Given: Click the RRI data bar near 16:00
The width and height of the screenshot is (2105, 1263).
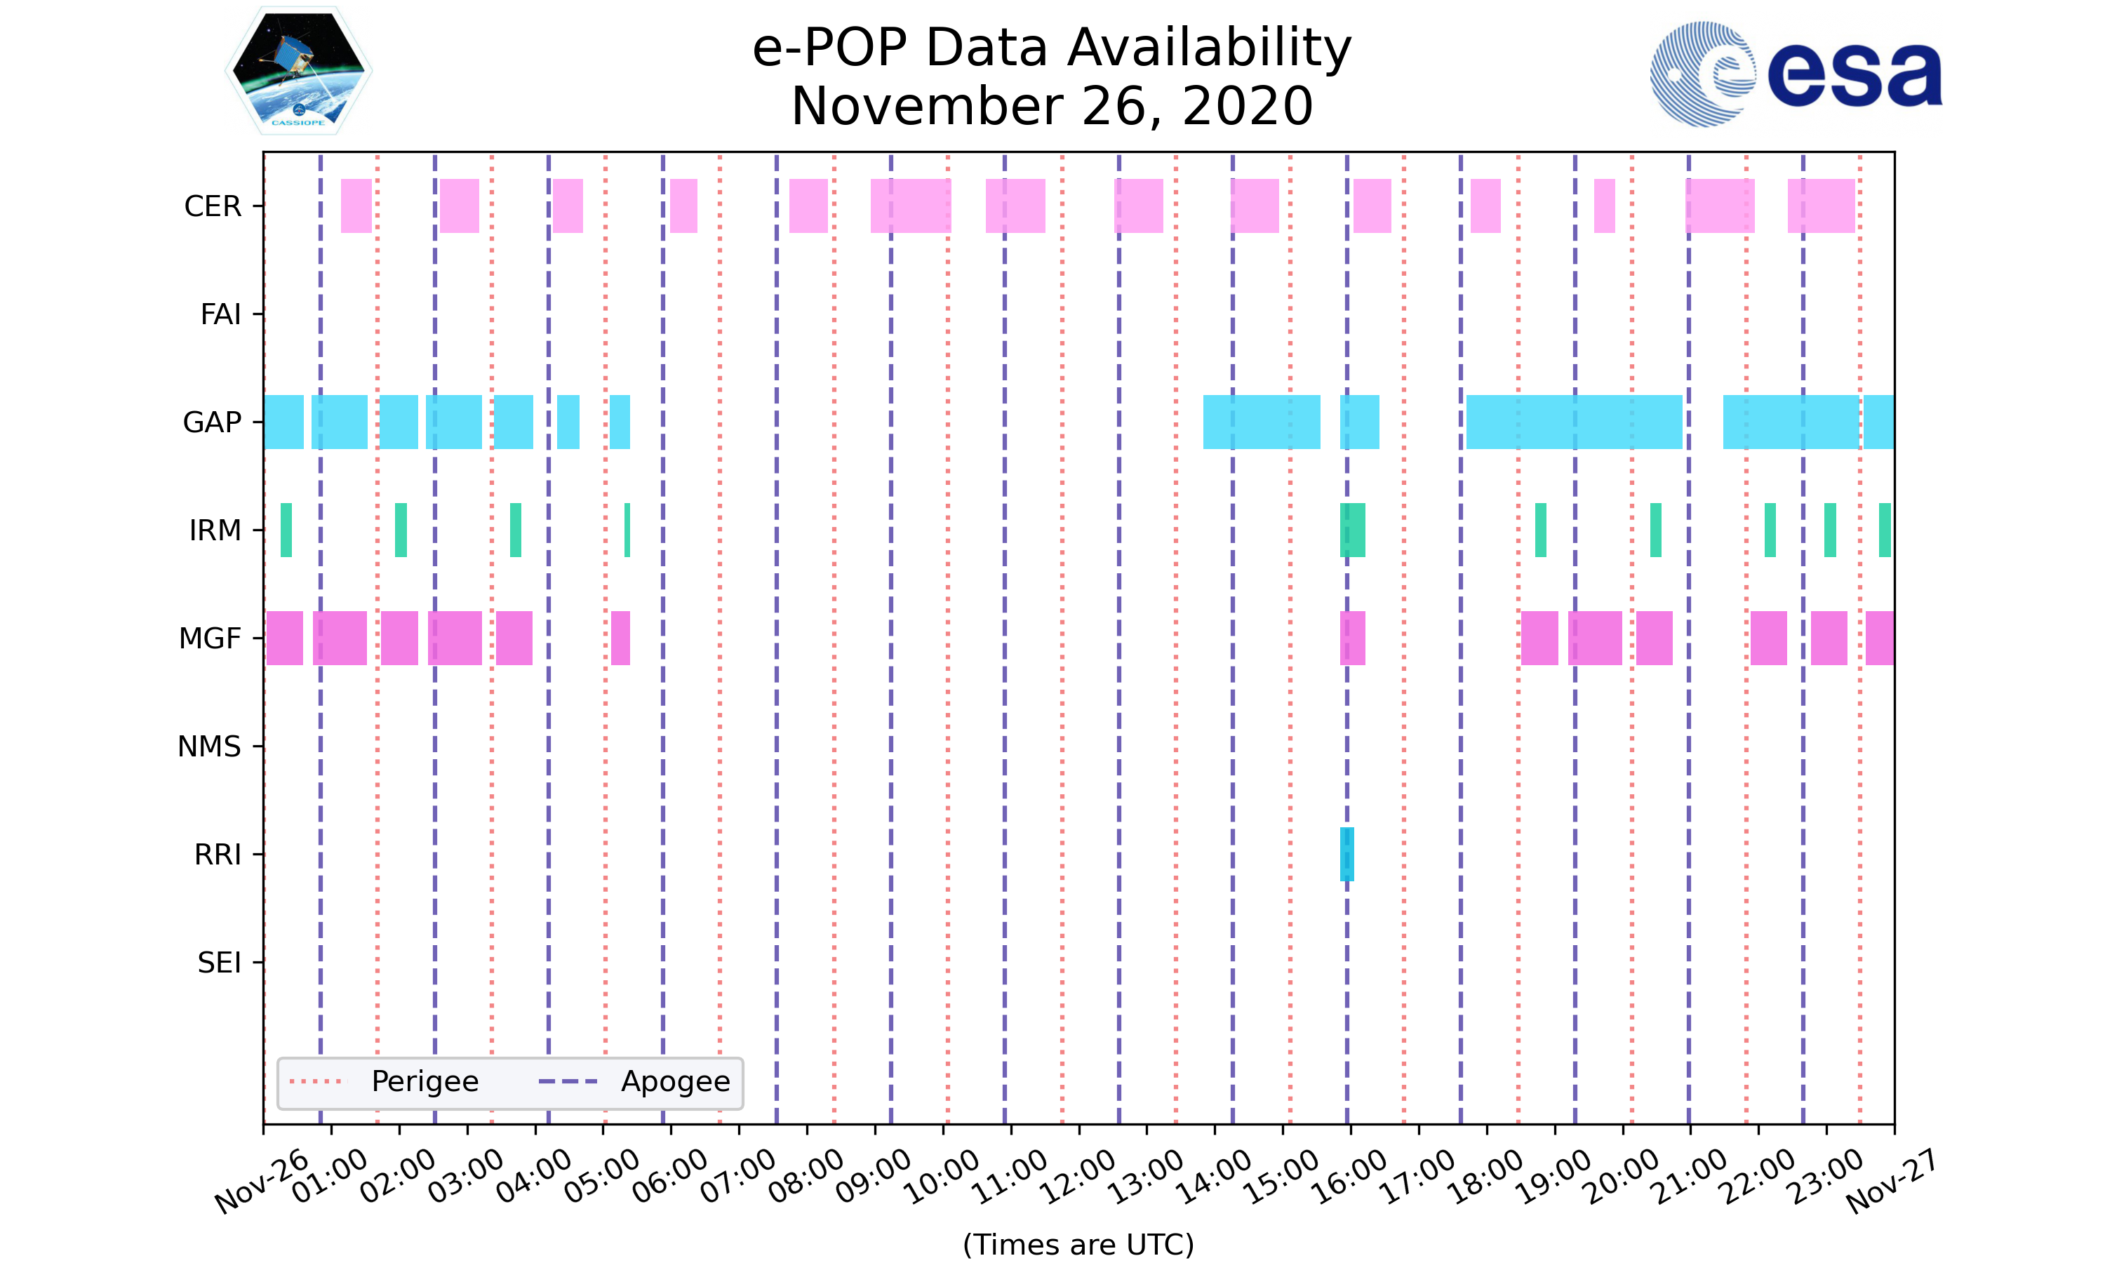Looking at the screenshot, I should click(x=1347, y=854).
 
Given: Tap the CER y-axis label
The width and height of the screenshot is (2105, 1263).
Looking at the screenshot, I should click(x=213, y=206).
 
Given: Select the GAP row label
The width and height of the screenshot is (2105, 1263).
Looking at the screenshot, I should click(x=212, y=422).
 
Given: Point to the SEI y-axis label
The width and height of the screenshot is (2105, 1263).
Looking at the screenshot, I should click(x=220, y=963).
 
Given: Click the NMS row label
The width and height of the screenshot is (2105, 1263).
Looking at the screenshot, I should click(x=209, y=747).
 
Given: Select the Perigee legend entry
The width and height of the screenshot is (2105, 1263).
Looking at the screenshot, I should click(x=425, y=1082).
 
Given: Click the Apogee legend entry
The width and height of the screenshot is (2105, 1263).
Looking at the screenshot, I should click(x=676, y=1082).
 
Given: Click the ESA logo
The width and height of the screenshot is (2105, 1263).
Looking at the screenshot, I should click(x=1796, y=74).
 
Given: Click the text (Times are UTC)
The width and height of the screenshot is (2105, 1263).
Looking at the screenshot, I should click(x=1078, y=1244).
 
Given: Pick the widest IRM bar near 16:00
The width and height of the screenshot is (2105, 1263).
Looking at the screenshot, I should click(x=1352, y=530).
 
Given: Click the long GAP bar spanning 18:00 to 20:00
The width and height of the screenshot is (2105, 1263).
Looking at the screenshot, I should click(x=1574, y=422).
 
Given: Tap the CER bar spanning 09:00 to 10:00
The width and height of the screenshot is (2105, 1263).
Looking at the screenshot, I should click(x=910, y=206).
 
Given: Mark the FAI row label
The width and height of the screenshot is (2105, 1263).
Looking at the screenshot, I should click(x=220, y=314).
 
